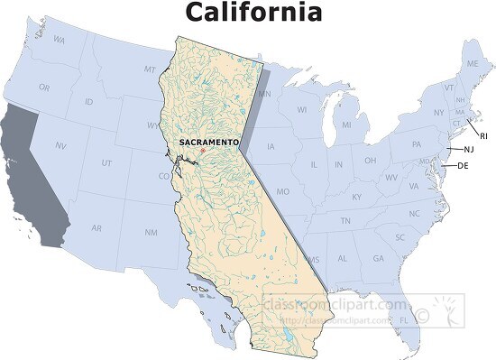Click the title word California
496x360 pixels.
coord(253,13)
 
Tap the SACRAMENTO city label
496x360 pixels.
coord(209,143)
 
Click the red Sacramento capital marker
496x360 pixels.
coord(204,151)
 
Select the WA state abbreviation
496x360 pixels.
coord(60,40)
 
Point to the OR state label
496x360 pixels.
coord(43,87)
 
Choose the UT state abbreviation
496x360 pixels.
coord(106,162)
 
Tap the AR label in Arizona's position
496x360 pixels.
coord(96,228)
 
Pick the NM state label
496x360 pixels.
coord(151,233)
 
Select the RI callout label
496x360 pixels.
coord(483,135)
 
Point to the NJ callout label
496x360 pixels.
coord(469,149)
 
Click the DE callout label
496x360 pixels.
coord(463,166)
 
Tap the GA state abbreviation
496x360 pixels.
coord(378,259)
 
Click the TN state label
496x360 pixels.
coord(345,221)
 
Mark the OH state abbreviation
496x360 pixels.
coord(370,161)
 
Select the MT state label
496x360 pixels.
coord(150,69)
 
